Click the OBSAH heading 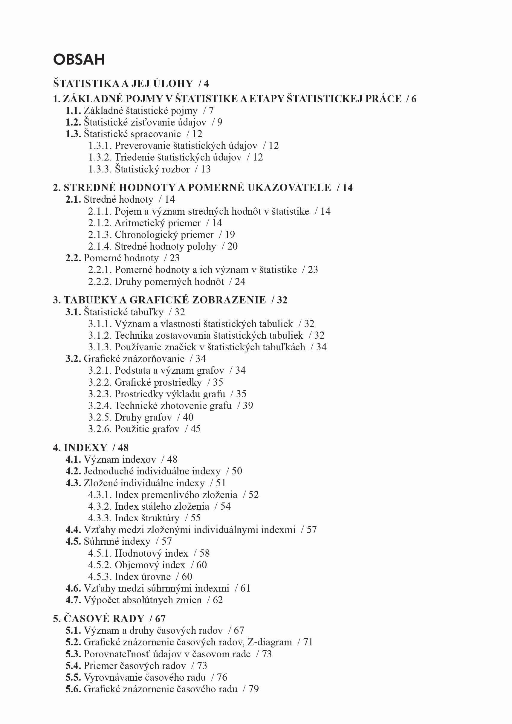point(79,59)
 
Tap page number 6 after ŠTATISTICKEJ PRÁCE point(414,99)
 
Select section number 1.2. point(73,122)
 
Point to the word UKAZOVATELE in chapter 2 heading point(289,188)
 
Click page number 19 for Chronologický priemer point(230,235)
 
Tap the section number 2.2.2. point(100,282)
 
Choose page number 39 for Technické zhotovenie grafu point(248,406)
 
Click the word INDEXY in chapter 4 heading point(85,448)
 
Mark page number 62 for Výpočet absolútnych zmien point(218,600)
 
